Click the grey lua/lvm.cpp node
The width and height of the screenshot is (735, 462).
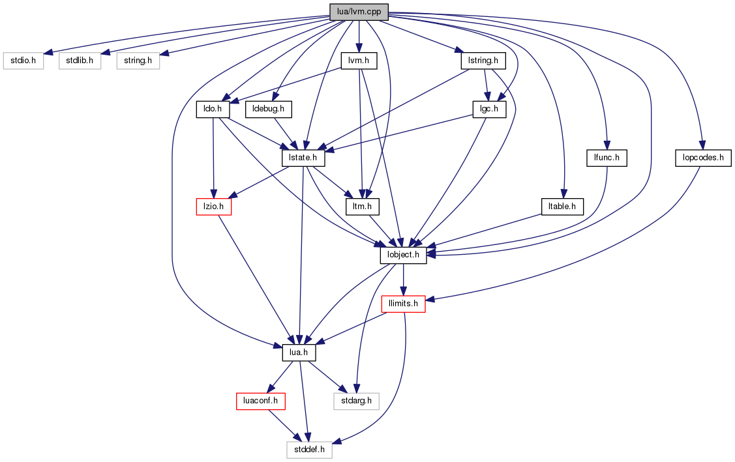(359, 12)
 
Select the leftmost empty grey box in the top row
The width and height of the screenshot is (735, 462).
(23, 61)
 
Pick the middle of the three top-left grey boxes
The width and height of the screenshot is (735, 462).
(80, 61)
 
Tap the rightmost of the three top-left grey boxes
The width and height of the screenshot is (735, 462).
(138, 61)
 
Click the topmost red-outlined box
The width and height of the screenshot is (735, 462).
(214, 207)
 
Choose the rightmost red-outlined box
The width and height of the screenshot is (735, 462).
(403, 304)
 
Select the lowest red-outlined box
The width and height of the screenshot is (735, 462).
(261, 401)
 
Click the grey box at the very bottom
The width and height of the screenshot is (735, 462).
(309, 450)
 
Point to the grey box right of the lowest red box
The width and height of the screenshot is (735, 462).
(356, 401)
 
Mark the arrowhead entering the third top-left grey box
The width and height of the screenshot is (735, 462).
(164, 53)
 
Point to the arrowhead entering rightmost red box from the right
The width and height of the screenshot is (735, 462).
(430, 299)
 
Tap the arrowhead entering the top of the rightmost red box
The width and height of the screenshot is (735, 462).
(404, 291)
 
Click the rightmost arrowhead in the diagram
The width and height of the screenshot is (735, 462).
(702, 145)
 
